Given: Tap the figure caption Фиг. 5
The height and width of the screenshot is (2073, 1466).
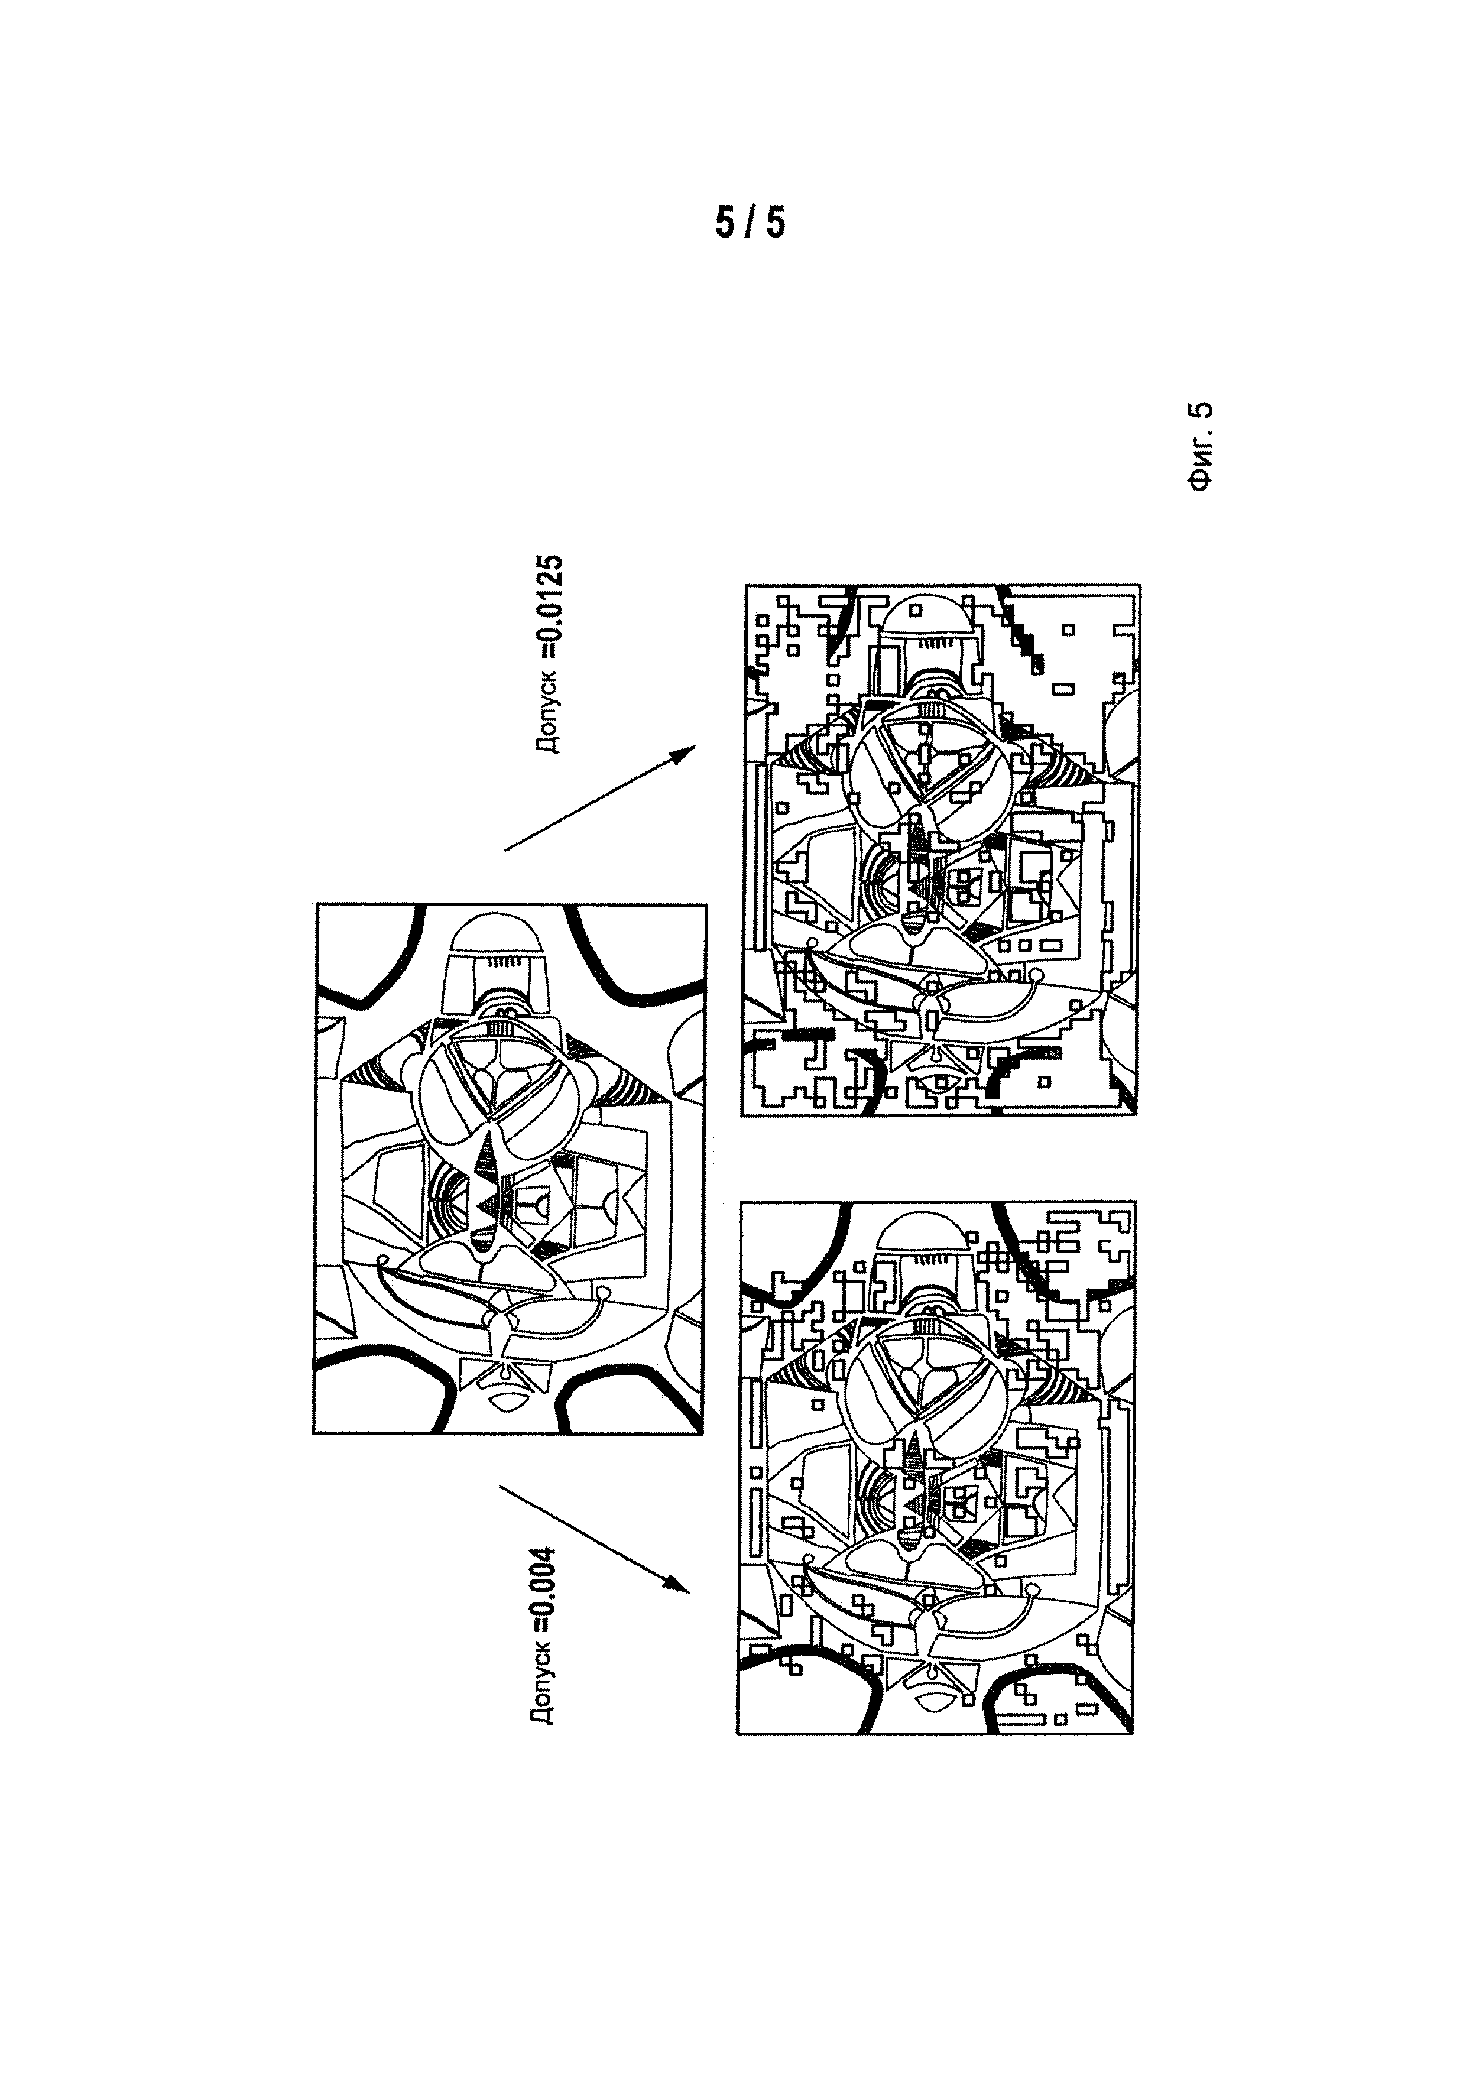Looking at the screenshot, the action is click(x=1200, y=446).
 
